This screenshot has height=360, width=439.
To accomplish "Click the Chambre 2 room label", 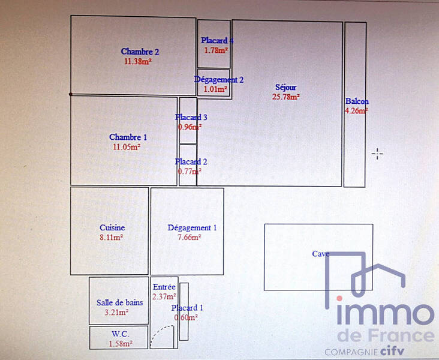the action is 140,52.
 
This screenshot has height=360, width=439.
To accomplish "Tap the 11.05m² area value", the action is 127,146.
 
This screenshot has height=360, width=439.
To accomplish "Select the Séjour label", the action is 285,88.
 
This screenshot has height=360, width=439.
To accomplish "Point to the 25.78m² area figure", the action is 286,97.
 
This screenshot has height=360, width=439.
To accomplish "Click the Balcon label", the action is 357,101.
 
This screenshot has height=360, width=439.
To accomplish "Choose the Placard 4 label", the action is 217,40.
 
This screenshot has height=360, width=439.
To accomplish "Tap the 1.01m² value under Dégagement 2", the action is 215,89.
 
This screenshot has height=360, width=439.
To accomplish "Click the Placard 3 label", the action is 191,117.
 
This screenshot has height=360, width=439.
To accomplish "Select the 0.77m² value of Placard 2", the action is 190,171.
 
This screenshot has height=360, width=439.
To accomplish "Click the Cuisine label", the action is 112,227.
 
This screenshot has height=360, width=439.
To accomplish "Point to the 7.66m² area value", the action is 190,237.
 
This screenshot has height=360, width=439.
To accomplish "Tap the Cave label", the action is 321,254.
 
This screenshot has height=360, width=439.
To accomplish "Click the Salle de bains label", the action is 119,302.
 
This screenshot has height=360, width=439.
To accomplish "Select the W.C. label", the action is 121,334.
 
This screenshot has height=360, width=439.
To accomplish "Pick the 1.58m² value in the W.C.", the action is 121,343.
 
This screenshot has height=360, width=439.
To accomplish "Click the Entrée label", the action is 164,287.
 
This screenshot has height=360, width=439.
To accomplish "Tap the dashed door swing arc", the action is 159,331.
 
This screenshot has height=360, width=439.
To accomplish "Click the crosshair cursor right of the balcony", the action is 377,154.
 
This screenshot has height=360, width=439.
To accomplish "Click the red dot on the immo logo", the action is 339,298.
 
